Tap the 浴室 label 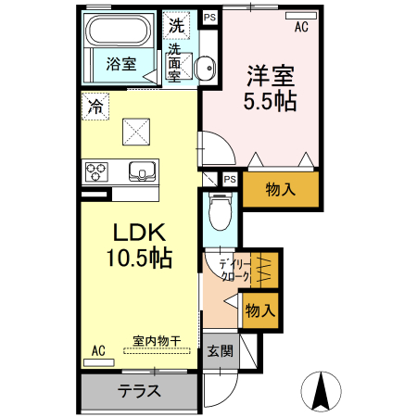pos(120,65)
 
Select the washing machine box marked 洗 pos(176,25)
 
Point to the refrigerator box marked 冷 pos(95,107)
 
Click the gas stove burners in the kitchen pos(97,171)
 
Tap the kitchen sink pos(142,171)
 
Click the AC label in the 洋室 pos(301,28)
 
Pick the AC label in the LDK pos(98,349)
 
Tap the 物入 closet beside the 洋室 pos(281,190)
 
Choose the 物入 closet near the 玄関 pos(260,310)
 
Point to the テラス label pos(140,389)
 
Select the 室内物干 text pos(156,340)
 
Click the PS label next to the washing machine pos(209,17)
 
